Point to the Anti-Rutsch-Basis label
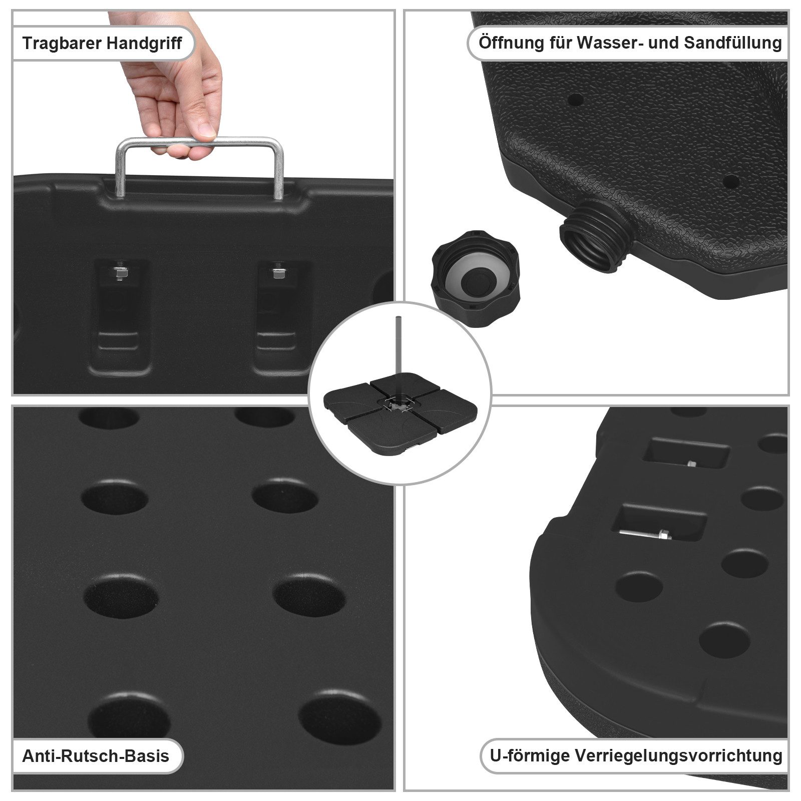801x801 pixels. [96, 756]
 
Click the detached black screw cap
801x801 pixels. [476, 279]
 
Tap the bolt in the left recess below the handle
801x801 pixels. [120, 273]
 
